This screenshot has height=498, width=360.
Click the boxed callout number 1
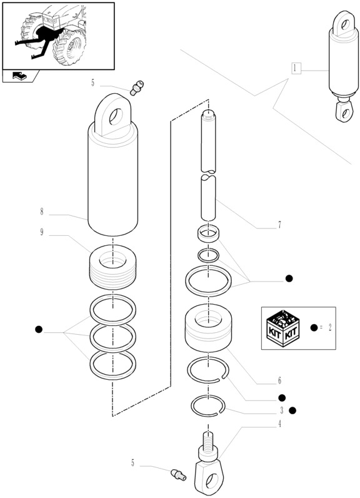[x=296, y=68]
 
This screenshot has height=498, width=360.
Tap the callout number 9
[x=41, y=233]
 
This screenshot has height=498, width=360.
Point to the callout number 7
[x=279, y=225]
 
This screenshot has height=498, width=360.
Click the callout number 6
[x=279, y=380]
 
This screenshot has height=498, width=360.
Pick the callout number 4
[x=279, y=424]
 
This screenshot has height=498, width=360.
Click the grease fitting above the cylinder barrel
[x=137, y=86]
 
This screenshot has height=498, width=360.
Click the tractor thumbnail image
[x=59, y=35]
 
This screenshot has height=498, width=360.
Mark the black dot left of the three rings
[x=39, y=329]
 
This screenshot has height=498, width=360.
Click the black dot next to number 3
[x=292, y=410]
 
